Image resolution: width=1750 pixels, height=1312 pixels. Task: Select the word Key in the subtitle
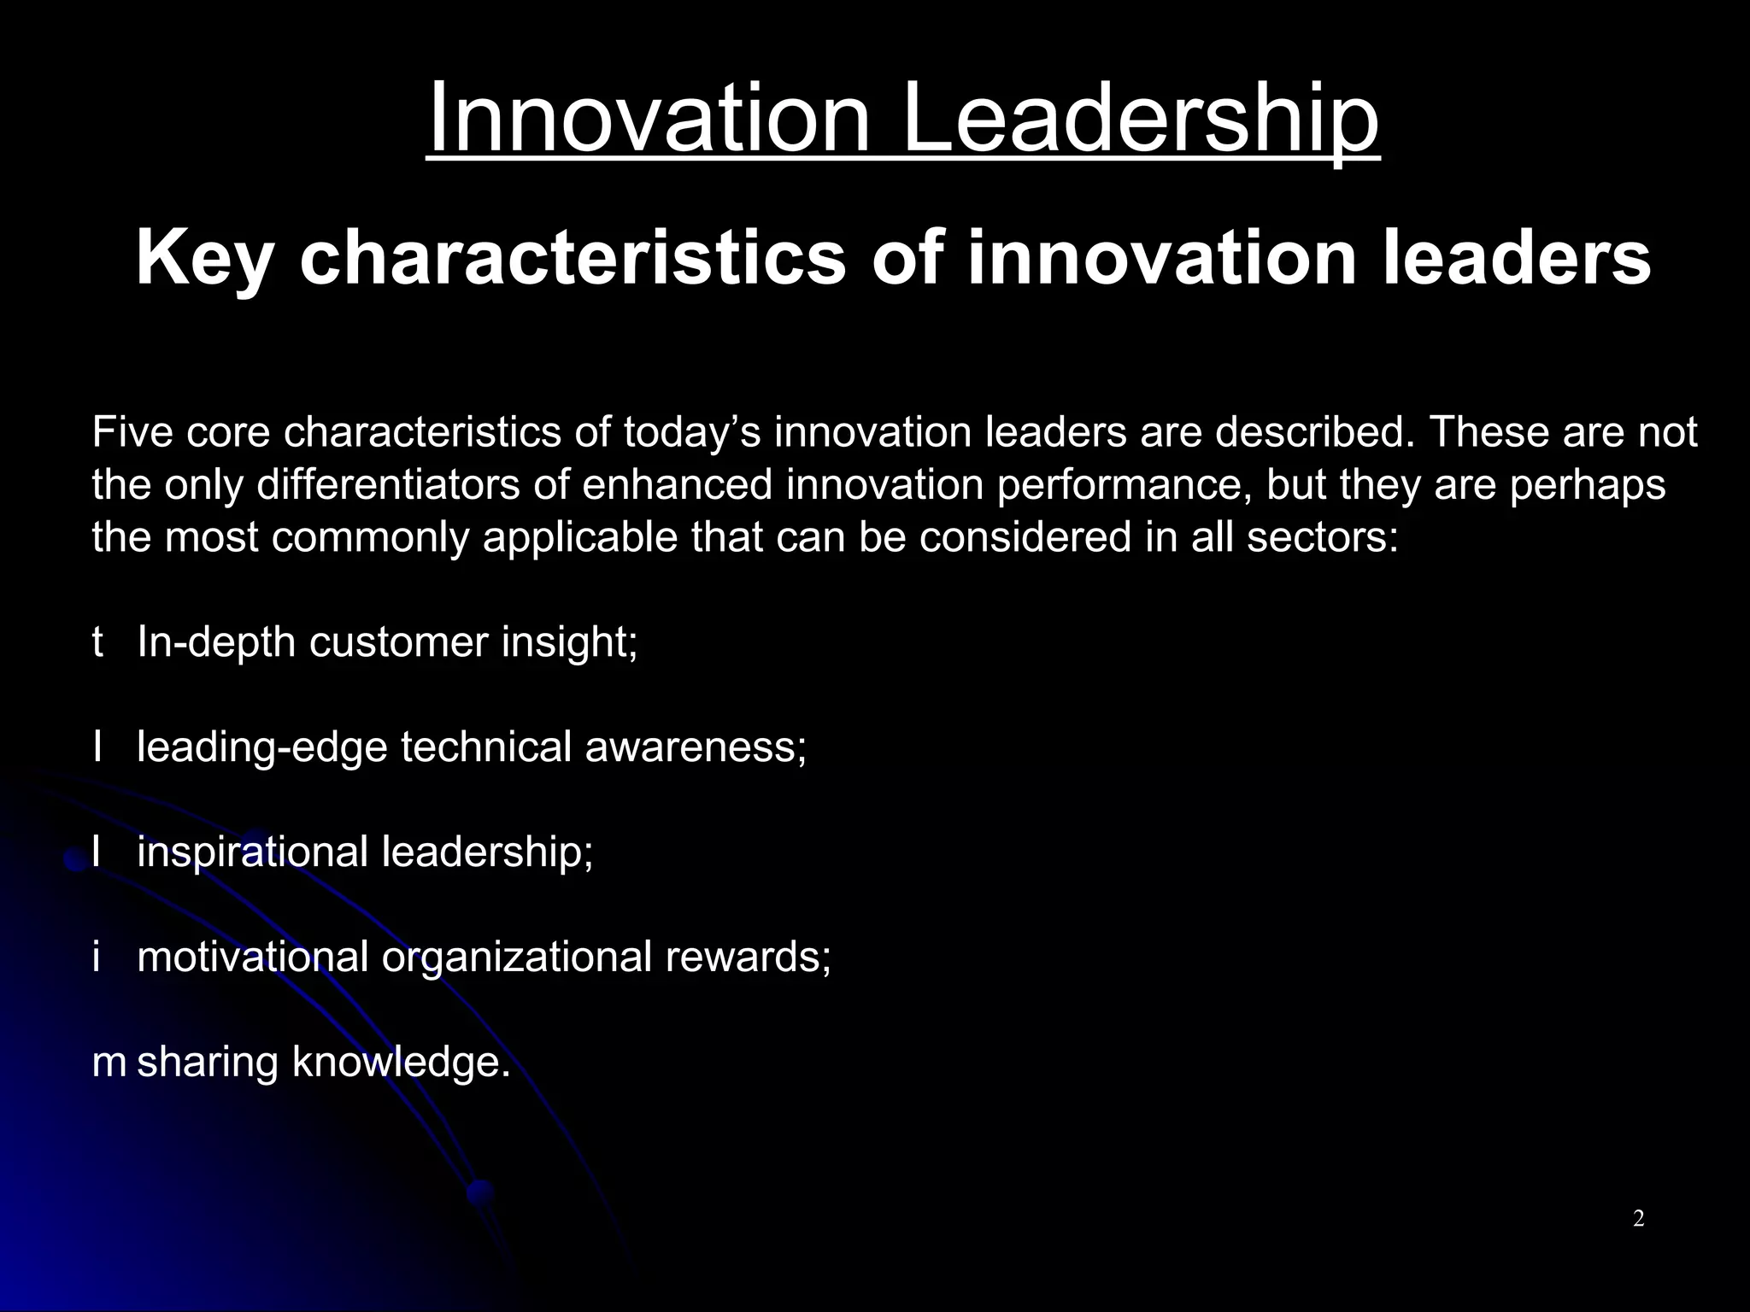tap(203, 259)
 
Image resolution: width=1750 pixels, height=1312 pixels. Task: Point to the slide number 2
tap(1638, 1219)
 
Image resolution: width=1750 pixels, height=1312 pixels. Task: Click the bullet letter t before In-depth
tap(97, 642)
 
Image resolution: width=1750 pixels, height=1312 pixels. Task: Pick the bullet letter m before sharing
tap(109, 1062)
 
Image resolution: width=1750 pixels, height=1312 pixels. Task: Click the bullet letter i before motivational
tap(97, 957)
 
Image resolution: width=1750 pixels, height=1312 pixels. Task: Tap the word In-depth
tap(216, 642)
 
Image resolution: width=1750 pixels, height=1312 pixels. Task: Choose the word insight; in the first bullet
tap(569, 642)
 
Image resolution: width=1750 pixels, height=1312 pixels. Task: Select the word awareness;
tap(696, 747)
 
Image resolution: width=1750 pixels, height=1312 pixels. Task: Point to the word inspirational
tap(252, 852)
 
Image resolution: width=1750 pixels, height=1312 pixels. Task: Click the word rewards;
tap(748, 957)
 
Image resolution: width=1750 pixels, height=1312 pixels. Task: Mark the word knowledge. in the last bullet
tap(401, 1062)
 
